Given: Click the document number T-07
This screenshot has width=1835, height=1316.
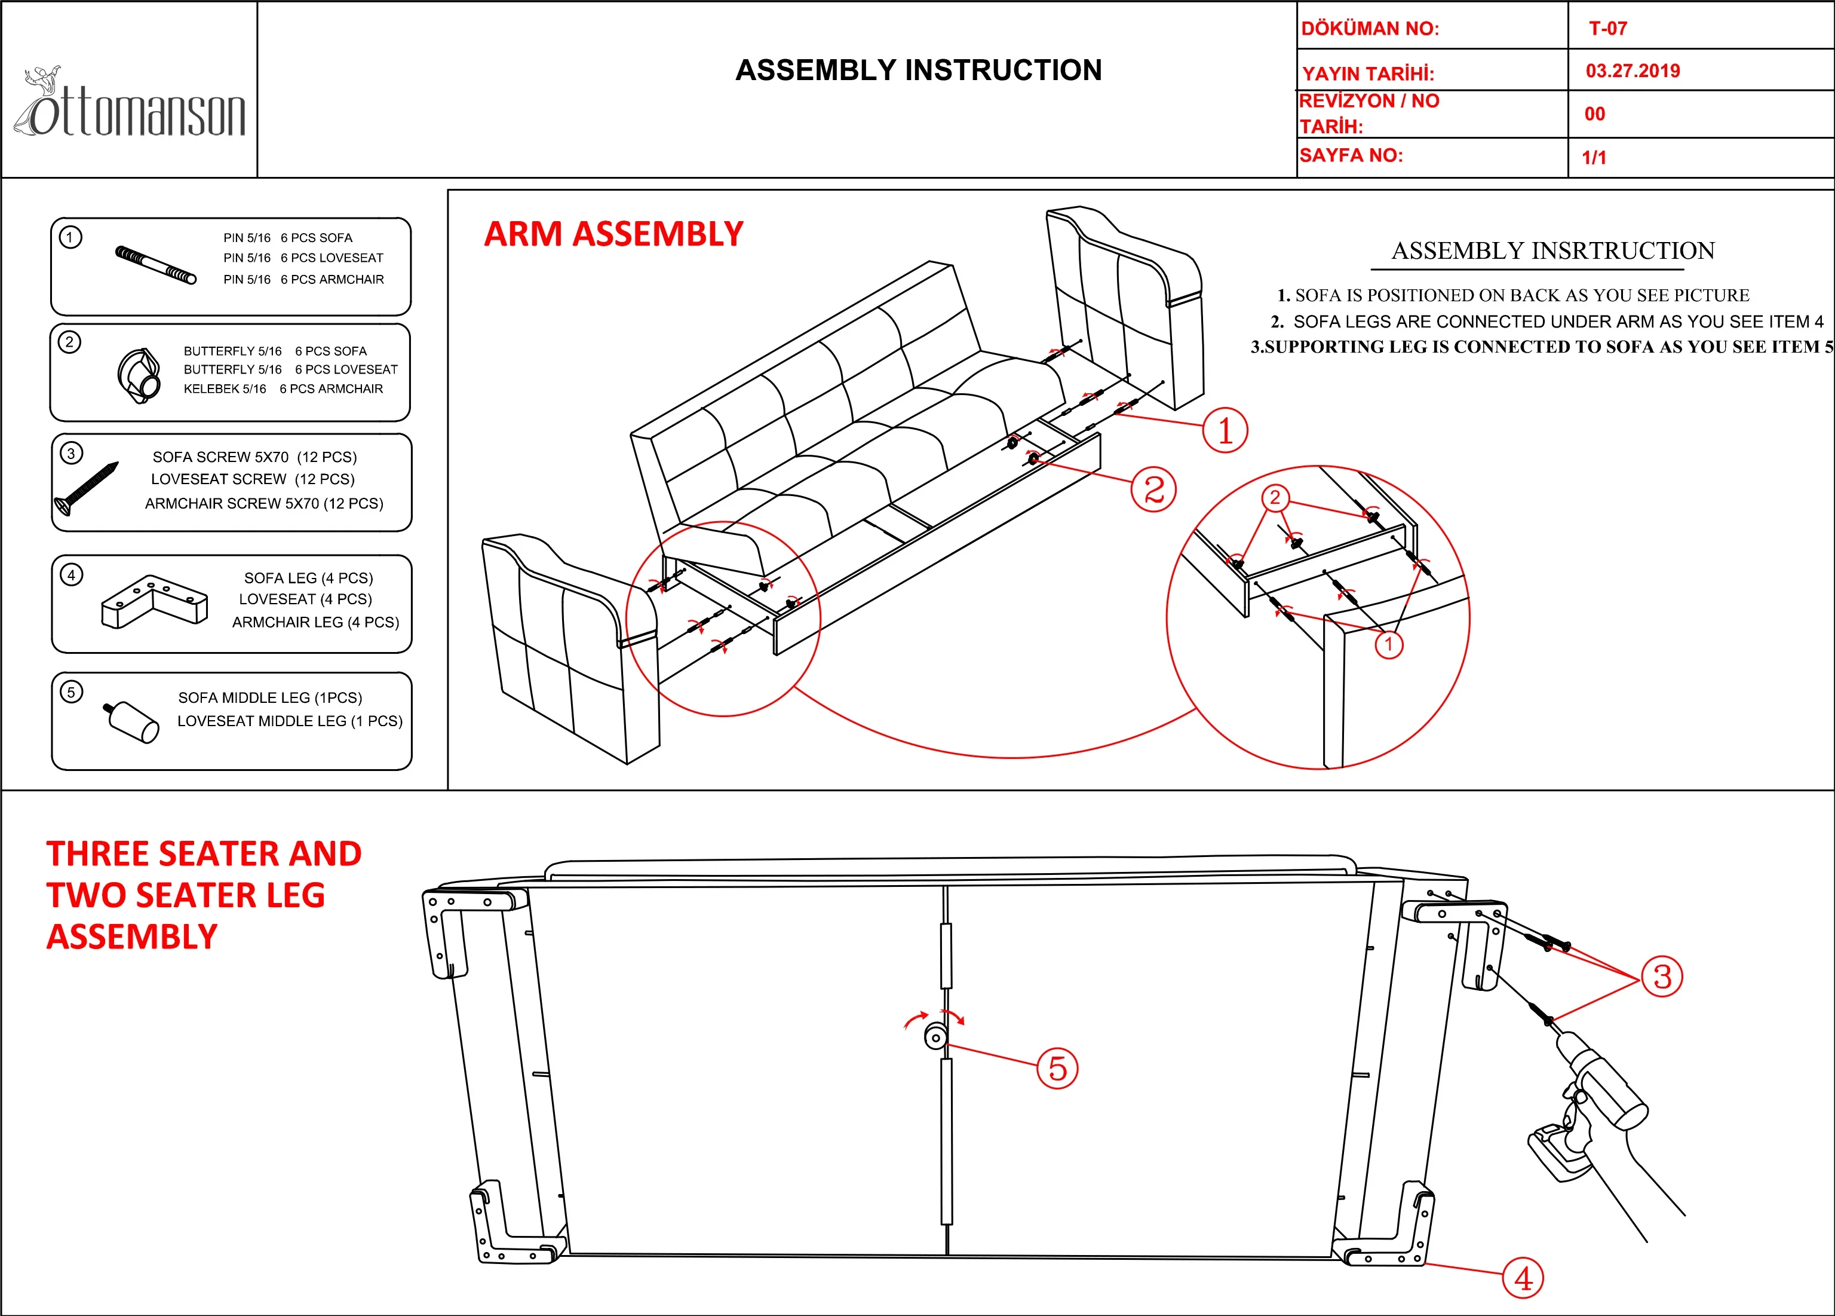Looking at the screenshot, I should point(1607,28).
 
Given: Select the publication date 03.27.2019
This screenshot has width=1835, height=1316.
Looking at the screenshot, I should point(1633,71).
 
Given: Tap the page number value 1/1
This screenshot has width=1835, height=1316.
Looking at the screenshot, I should point(1594,158).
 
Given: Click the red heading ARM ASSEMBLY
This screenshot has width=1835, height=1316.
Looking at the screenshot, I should point(613,234).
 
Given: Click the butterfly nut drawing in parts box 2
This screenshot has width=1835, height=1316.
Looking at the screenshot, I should point(139,375).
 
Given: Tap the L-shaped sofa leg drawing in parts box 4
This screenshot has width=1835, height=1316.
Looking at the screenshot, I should point(154,602).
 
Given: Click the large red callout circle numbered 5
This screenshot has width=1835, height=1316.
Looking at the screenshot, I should point(1057,1069).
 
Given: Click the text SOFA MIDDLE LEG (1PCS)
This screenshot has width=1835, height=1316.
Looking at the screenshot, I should point(270,697).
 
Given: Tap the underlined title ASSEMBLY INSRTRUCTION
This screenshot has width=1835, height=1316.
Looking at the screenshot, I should point(1552,251).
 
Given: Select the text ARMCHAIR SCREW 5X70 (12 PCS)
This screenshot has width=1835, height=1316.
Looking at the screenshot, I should point(264,503).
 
